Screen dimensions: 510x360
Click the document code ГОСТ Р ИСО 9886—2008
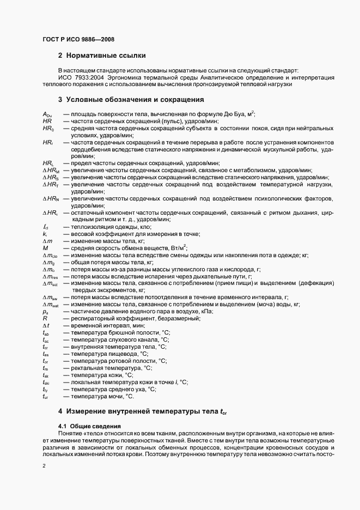click(78, 39)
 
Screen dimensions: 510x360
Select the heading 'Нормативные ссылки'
click(105, 56)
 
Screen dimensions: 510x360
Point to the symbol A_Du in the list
click(47, 114)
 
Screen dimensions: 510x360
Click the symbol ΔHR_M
click(50, 171)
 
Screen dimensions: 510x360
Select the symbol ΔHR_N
click(50, 199)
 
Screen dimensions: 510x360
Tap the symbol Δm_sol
click(50, 283)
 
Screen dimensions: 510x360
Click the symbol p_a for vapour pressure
click(45, 312)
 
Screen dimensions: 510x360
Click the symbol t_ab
click(46, 332)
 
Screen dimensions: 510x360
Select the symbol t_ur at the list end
click(45, 397)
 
